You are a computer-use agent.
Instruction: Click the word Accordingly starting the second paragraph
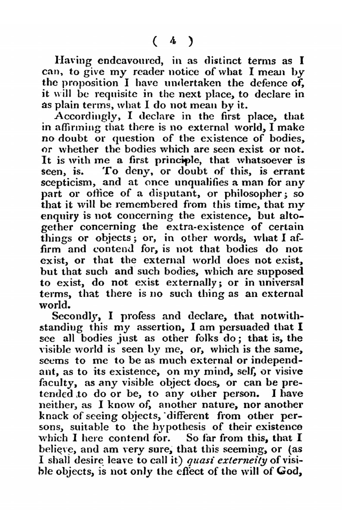tap(83, 117)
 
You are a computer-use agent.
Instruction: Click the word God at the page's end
tap(290, 472)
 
